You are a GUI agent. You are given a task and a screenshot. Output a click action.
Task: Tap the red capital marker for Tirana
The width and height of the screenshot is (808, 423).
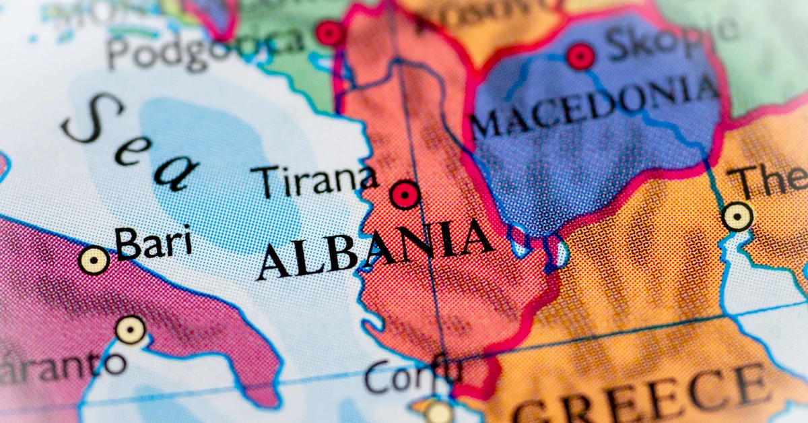click(x=405, y=195)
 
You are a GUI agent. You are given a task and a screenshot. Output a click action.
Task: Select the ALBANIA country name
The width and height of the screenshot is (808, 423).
click(x=374, y=249)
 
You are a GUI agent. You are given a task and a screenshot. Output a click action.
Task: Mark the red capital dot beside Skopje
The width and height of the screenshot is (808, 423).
click(x=580, y=57)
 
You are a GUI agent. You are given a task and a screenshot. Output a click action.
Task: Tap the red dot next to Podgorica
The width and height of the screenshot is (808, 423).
click(x=329, y=34)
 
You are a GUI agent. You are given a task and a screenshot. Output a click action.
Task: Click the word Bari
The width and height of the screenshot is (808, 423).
click(x=154, y=243)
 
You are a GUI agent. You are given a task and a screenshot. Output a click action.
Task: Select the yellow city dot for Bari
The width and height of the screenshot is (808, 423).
click(x=94, y=260)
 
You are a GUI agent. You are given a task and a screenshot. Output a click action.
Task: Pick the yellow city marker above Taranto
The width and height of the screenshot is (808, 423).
click(x=130, y=329)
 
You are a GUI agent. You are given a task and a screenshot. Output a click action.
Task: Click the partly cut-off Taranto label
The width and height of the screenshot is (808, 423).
click(x=61, y=367)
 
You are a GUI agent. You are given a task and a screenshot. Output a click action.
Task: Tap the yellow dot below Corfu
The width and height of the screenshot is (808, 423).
click(x=439, y=412)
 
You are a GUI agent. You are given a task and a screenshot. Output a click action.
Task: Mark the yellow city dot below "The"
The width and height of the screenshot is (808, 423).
click(x=737, y=217)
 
